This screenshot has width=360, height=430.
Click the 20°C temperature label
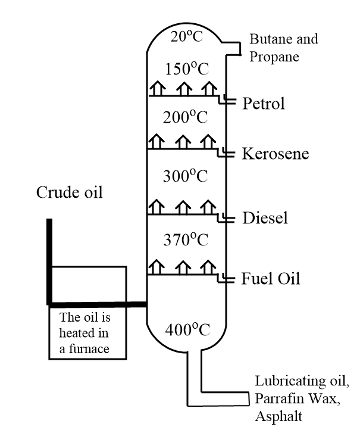tap(186, 37)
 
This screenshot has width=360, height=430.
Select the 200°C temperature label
tap(186, 116)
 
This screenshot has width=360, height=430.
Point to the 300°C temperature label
tap(186, 177)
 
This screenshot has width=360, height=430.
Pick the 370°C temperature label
tap(186, 239)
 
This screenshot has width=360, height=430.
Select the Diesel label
tap(265, 219)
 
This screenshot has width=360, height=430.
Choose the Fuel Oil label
tap(271, 278)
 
